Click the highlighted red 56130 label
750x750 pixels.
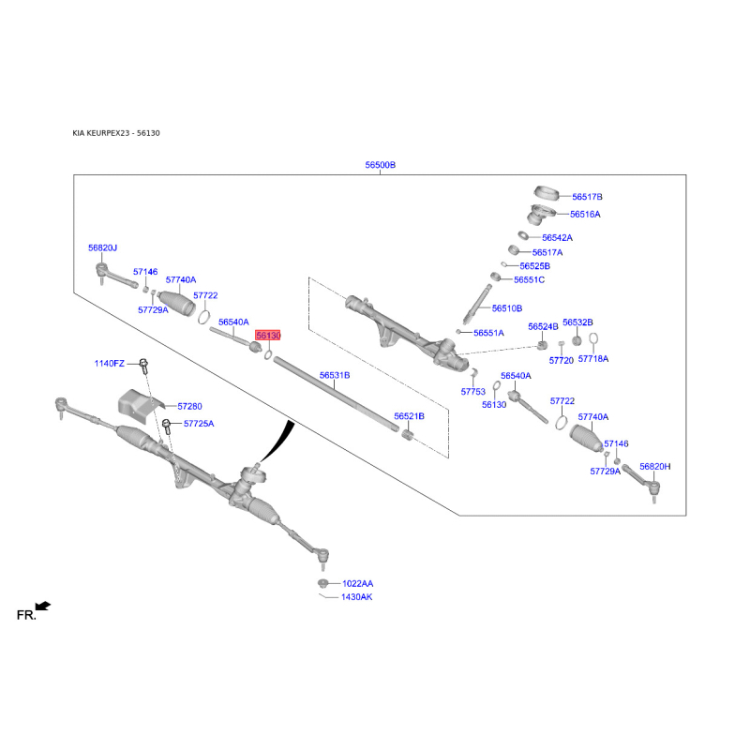[x=268, y=336]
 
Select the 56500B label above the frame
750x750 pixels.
[x=381, y=165]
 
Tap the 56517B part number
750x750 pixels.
[x=587, y=197]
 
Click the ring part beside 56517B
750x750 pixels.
[x=547, y=192]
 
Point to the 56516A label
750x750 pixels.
[x=585, y=215]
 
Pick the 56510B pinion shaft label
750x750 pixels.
[x=507, y=308]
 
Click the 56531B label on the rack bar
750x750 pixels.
[x=335, y=376]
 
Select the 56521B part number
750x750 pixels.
[x=409, y=416]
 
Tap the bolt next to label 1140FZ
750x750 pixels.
[x=143, y=365]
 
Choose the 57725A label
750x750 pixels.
[x=199, y=424]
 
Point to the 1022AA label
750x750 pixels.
[x=358, y=583]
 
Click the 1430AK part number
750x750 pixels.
[x=357, y=597]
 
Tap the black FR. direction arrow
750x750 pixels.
[x=43, y=606]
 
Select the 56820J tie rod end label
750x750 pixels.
[x=103, y=247]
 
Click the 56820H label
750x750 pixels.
[x=654, y=466]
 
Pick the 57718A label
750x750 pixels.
[x=593, y=359]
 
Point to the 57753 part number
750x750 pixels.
[x=473, y=392]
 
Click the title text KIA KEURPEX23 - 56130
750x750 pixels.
[x=116, y=133]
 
